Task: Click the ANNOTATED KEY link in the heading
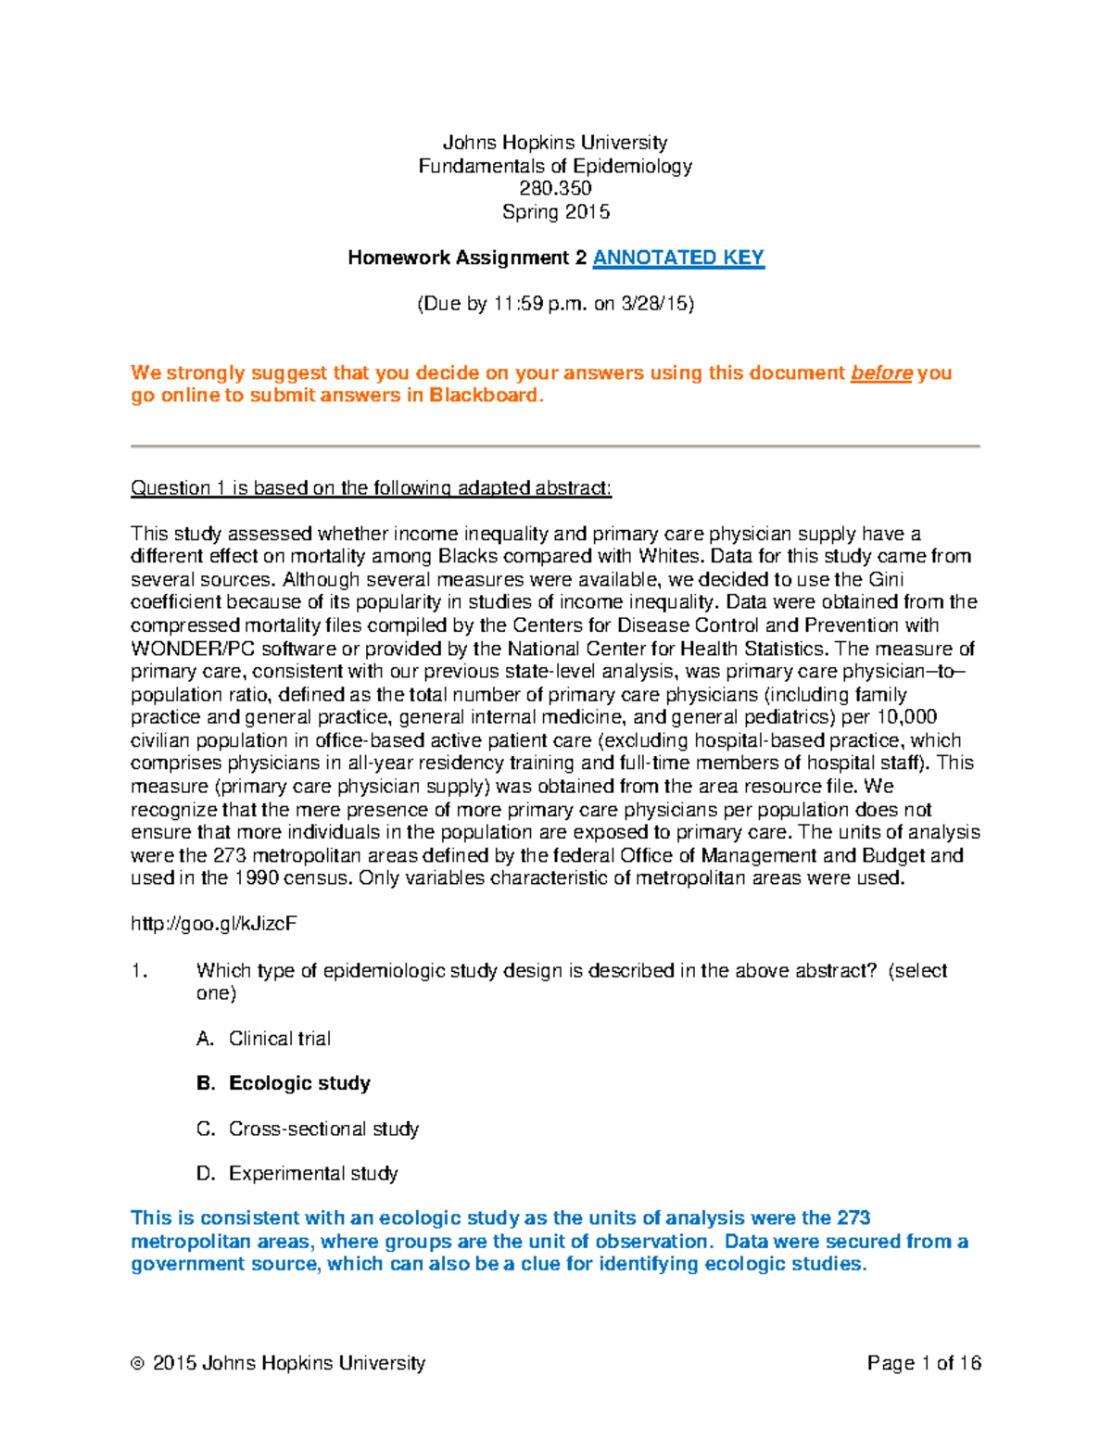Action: [x=678, y=258]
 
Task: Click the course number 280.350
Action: [x=555, y=188]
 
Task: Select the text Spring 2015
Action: [x=555, y=211]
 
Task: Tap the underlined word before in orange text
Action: [x=881, y=372]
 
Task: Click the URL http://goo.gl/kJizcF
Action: [x=214, y=924]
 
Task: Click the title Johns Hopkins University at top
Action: [x=555, y=143]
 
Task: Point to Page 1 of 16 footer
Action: [x=924, y=1363]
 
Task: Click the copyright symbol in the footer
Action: [x=138, y=1364]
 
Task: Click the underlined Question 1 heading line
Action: [x=371, y=487]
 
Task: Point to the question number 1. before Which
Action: [x=139, y=970]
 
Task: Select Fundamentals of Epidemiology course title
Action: [x=555, y=166]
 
